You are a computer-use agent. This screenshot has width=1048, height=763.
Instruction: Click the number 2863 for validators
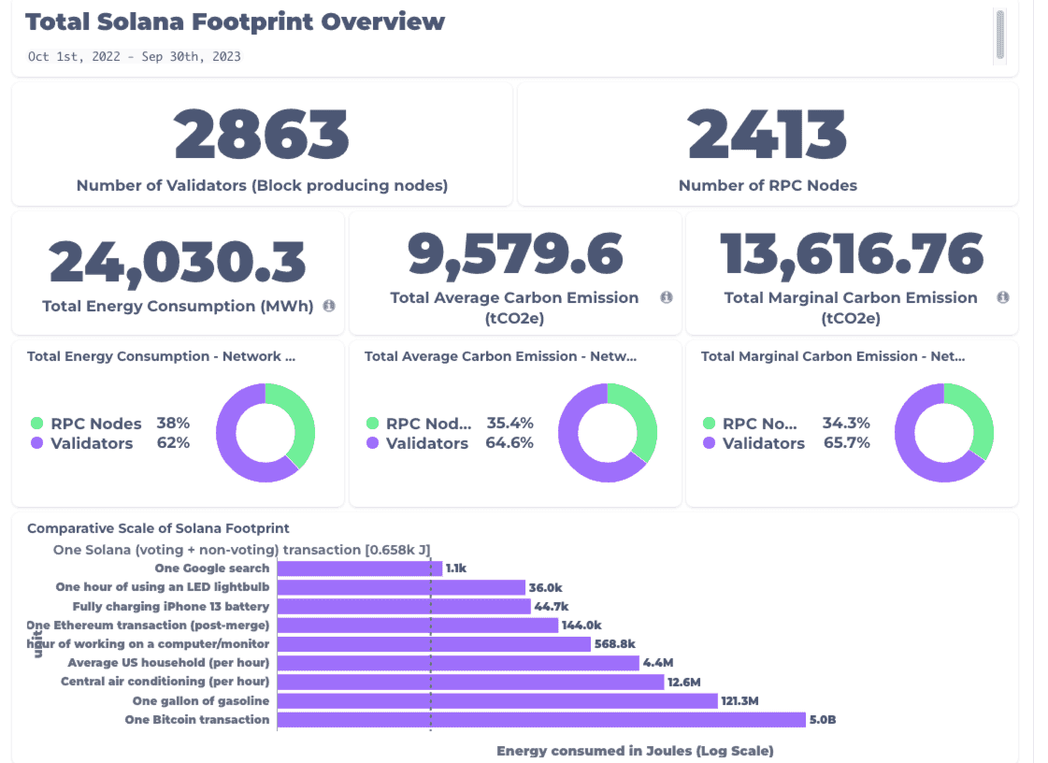pyautogui.click(x=262, y=135)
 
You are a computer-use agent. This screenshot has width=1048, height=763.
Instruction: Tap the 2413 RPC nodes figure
pyautogui.click(x=768, y=135)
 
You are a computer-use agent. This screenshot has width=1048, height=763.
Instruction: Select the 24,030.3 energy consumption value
pyautogui.click(x=178, y=261)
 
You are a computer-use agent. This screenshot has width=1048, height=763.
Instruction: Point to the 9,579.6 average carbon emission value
pyautogui.click(x=515, y=255)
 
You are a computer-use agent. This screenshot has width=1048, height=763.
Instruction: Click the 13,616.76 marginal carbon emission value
pyautogui.click(x=852, y=254)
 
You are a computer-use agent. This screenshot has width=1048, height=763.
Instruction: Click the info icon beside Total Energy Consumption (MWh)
pyautogui.click(x=329, y=306)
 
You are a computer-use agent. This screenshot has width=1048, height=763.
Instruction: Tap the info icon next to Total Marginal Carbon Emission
pyautogui.click(x=1002, y=297)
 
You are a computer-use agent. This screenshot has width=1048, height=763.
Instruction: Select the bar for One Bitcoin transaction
pyautogui.click(x=541, y=720)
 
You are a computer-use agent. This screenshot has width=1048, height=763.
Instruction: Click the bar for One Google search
pyautogui.click(x=360, y=569)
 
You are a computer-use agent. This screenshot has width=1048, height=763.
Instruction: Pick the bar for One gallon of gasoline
pyautogui.click(x=497, y=701)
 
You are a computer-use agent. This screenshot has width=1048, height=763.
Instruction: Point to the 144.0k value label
pyautogui.click(x=581, y=626)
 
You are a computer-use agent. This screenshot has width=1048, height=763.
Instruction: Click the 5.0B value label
pyautogui.click(x=824, y=720)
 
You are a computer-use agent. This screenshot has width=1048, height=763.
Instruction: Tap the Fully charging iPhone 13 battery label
pyautogui.click(x=170, y=606)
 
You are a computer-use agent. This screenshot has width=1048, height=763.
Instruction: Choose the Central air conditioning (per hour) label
pyautogui.click(x=165, y=682)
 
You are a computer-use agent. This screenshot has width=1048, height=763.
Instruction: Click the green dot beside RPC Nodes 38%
pyautogui.click(x=36, y=424)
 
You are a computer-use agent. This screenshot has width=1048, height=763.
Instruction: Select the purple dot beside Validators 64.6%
pyautogui.click(x=372, y=443)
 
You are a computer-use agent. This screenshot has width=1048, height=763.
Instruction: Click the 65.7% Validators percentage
pyautogui.click(x=846, y=443)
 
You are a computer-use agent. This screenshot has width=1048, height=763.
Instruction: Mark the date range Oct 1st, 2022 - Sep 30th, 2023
pyautogui.click(x=134, y=56)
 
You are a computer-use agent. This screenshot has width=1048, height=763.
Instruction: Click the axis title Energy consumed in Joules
pyautogui.click(x=635, y=751)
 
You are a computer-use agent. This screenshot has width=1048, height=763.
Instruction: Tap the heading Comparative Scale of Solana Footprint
pyautogui.click(x=158, y=528)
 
